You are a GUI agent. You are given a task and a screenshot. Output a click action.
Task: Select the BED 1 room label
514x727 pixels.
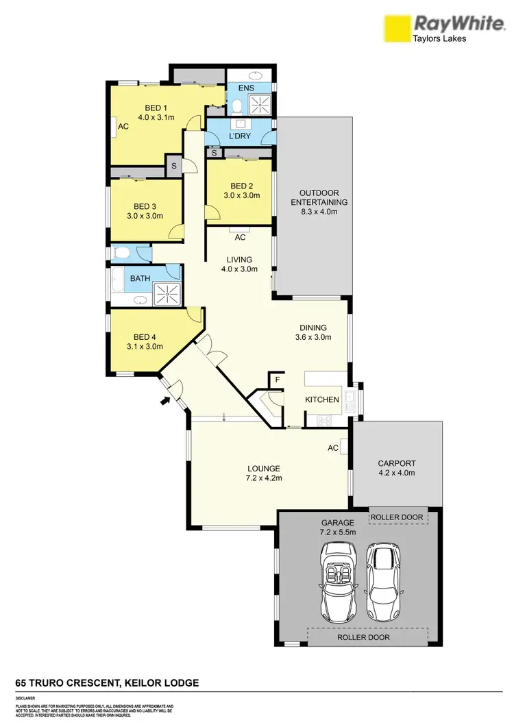pos(156,108)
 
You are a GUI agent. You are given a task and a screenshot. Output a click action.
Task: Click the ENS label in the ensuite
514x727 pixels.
pos(246,88)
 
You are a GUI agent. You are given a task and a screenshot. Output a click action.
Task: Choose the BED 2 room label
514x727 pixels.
pos(243,186)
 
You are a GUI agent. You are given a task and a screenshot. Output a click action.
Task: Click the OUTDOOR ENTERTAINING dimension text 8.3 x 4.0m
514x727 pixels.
pos(319,212)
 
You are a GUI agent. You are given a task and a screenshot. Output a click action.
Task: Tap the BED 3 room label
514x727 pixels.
pos(145,206)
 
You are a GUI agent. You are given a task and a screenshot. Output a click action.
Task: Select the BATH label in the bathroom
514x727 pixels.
pos(140,278)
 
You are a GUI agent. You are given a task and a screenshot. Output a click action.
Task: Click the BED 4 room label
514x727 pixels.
pos(145,336)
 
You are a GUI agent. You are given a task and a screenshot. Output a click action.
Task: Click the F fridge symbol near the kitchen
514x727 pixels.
pos(278,378)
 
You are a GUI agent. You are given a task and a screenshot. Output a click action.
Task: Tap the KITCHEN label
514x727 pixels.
pos(322,399)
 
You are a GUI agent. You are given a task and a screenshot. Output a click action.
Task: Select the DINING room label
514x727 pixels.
pos(313,328)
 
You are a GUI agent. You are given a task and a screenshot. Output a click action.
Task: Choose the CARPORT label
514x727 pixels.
pos(397,463)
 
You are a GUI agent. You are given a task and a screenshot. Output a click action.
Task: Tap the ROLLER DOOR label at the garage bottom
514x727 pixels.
pos(363,637)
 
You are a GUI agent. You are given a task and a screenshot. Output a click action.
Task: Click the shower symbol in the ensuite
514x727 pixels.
pos(259,105)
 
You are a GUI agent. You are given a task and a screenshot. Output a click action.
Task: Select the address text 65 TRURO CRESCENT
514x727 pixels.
pos(67,683)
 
